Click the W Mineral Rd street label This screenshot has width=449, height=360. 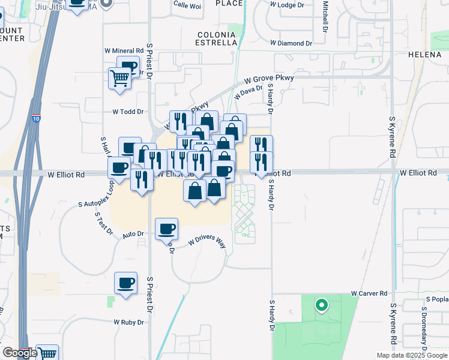point(124,51)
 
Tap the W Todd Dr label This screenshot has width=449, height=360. point(128,112)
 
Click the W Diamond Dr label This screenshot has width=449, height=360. point(291,43)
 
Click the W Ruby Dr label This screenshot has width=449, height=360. point(129,322)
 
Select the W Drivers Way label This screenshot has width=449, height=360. point(206,241)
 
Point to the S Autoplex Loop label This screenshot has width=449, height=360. point(96,196)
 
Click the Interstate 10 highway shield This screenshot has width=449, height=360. point(37,119)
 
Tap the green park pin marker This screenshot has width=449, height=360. point(321,305)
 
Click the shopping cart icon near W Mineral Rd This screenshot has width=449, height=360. point(119,78)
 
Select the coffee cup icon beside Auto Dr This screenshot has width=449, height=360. point(166,228)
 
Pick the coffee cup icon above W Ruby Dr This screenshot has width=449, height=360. point(126,283)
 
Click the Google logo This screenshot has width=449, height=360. point(20,353)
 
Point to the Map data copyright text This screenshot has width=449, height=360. point(411,355)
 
